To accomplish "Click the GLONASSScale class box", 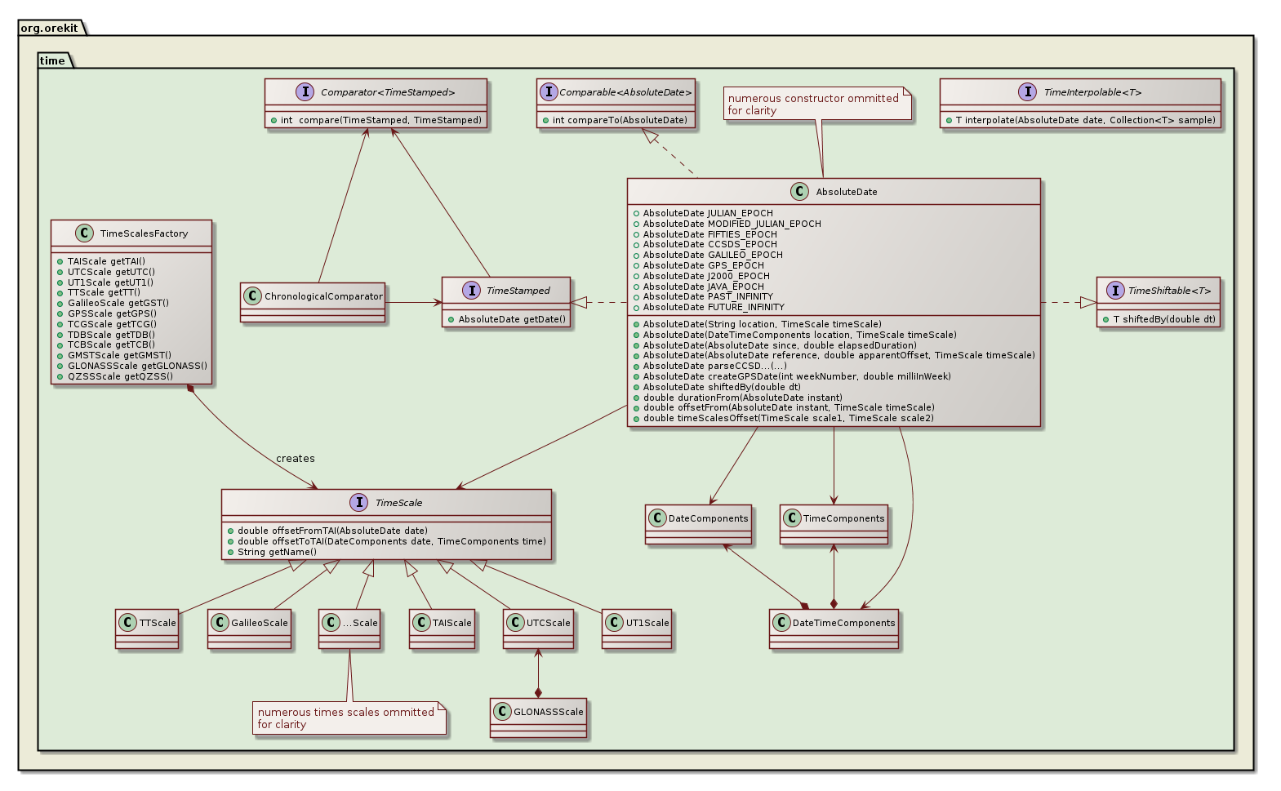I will pos(539,718).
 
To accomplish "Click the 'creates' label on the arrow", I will pos(296,459).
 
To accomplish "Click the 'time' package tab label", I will pos(52,61).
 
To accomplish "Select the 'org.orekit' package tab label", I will pos(50,28).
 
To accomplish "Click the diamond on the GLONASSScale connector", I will pos(538,692).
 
